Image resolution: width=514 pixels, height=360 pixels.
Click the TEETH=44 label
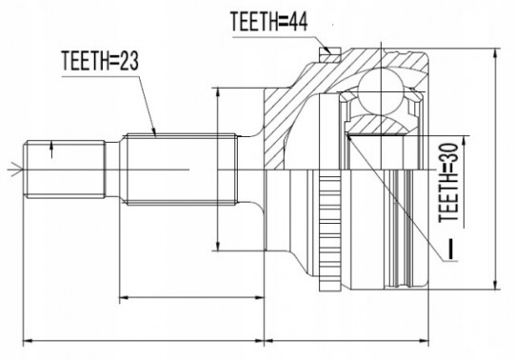click(268, 21)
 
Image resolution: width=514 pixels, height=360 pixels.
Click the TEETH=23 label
click(100, 61)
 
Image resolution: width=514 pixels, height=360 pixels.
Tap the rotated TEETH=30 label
click(448, 183)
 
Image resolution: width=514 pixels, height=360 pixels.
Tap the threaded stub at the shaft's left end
click(66, 170)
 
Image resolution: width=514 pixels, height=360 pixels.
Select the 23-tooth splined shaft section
click(181, 170)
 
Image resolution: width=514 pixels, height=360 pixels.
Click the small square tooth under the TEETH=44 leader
click(330, 54)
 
